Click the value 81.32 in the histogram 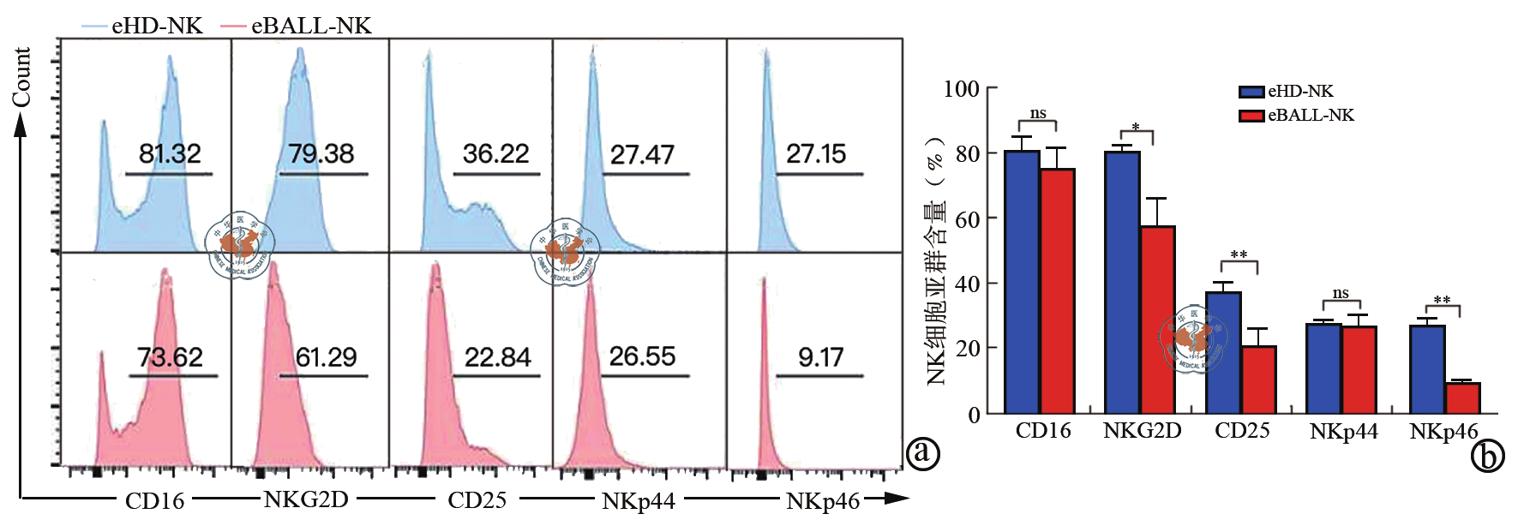click(170, 154)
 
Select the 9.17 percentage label click(820, 357)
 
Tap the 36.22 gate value click(495, 154)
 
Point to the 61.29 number click(326, 357)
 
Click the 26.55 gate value click(642, 356)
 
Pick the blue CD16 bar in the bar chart click(1022, 283)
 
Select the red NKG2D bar click(1157, 320)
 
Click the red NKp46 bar click(1462, 398)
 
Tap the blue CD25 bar click(1223, 353)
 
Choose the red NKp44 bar click(1359, 370)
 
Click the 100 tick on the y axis click(962, 89)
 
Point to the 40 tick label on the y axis click(967, 284)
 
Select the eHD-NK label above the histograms click(157, 26)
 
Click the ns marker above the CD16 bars click(1038, 113)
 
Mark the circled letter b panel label click(1488, 457)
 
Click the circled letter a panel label click(923, 452)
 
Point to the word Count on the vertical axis click(21, 77)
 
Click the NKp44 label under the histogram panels click(639, 501)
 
